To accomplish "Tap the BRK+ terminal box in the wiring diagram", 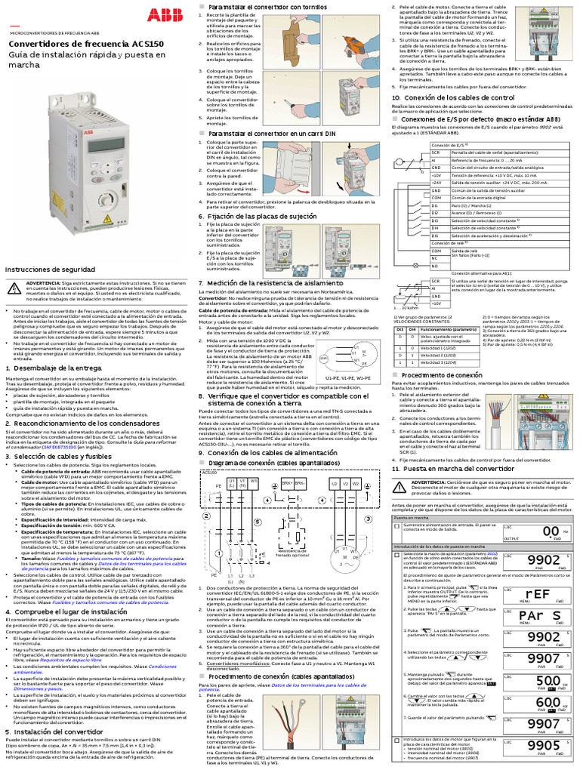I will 287,482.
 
